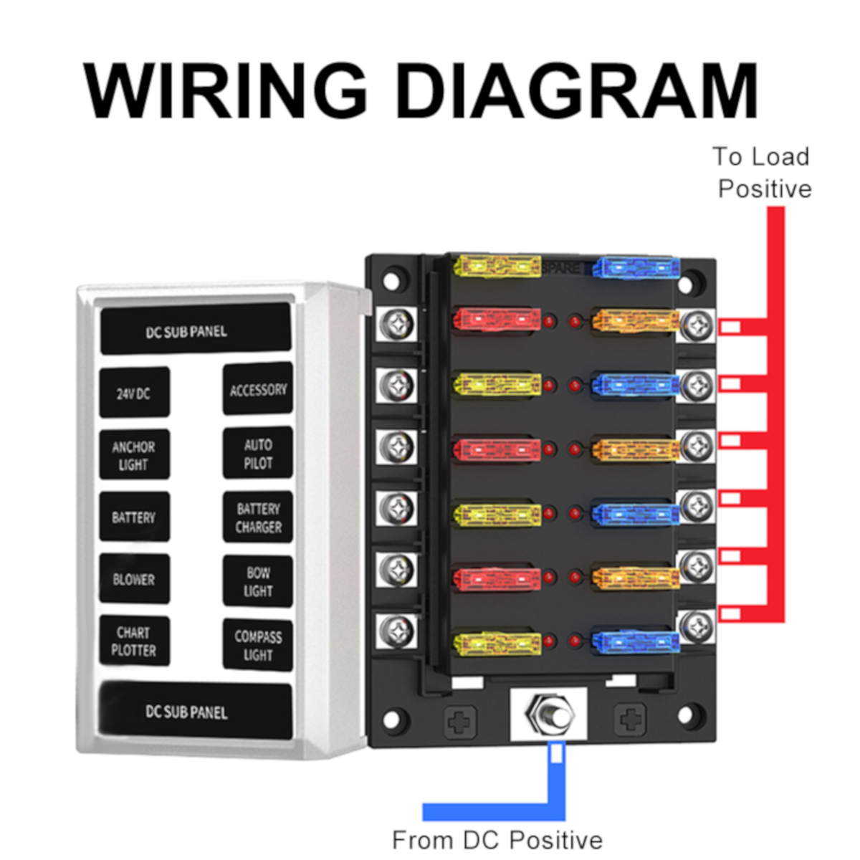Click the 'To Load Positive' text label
(x=763, y=173)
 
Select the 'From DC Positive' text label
(x=497, y=839)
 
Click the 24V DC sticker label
(x=134, y=393)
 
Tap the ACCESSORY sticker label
(x=258, y=389)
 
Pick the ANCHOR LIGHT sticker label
(x=134, y=455)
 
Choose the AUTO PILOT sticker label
(x=258, y=453)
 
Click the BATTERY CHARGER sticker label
(x=258, y=517)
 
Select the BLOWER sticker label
(x=134, y=579)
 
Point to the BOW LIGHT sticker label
(x=258, y=581)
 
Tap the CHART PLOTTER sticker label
(x=134, y=641)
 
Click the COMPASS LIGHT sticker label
(x=258, y=645)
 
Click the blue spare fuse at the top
(x=636, y=268)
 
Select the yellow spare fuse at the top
(x=497, y=267)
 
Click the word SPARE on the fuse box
(x=562, y=267)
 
